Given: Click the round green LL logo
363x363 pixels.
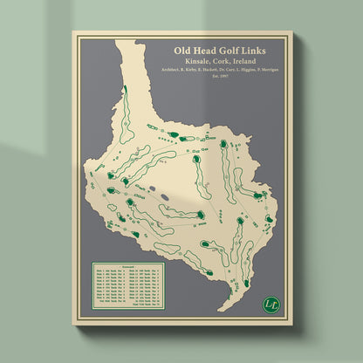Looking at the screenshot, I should (x=271, y=304).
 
